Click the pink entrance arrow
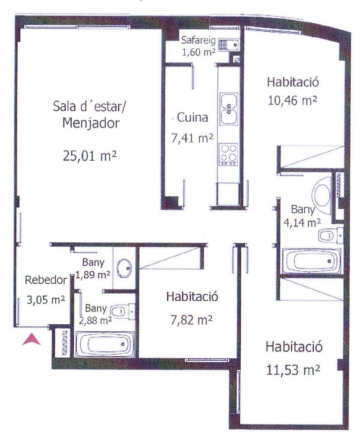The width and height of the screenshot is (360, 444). (31, 340)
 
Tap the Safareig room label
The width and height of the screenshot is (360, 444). (199, 41)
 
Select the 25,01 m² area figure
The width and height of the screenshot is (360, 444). (90, 155)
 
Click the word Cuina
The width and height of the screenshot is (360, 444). (193, 117)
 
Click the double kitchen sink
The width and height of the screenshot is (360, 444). (229, 109)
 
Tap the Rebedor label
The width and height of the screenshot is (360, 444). (46, 280)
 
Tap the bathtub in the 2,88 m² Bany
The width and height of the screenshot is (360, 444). (105, 344)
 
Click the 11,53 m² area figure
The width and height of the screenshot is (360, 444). (293, 370)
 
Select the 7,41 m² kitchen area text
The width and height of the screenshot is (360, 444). (192, 138)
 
